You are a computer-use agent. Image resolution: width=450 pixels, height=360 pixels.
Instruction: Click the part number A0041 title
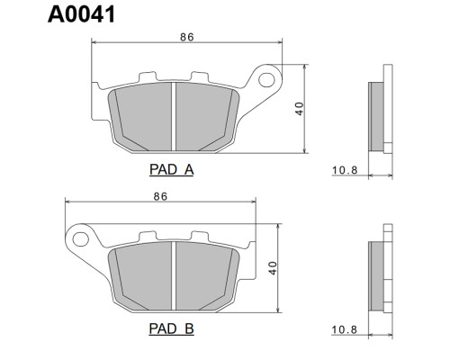click(x=81, y=14)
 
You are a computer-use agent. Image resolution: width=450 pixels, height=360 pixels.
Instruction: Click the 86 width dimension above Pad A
click(x=187, y=37)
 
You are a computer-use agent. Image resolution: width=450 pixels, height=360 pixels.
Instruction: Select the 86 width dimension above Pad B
click(x=160, y=196)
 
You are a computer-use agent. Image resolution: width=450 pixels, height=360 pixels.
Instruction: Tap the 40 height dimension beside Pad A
click(x=300, y=109)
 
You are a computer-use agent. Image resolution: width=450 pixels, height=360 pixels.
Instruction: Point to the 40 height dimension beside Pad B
click(x=273, y=268)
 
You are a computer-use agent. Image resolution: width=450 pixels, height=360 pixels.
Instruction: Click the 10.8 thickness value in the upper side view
click(x=345, y=170)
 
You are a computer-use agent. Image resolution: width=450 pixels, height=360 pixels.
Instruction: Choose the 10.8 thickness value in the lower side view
click(x=345, y=330)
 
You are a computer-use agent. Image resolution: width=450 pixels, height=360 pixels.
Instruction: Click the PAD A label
click(x=172, y=169)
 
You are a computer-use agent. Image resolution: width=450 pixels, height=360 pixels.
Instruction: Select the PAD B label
click(x=172, y=328)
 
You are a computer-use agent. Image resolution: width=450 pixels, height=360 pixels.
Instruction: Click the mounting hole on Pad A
click(x=266, y=80)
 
